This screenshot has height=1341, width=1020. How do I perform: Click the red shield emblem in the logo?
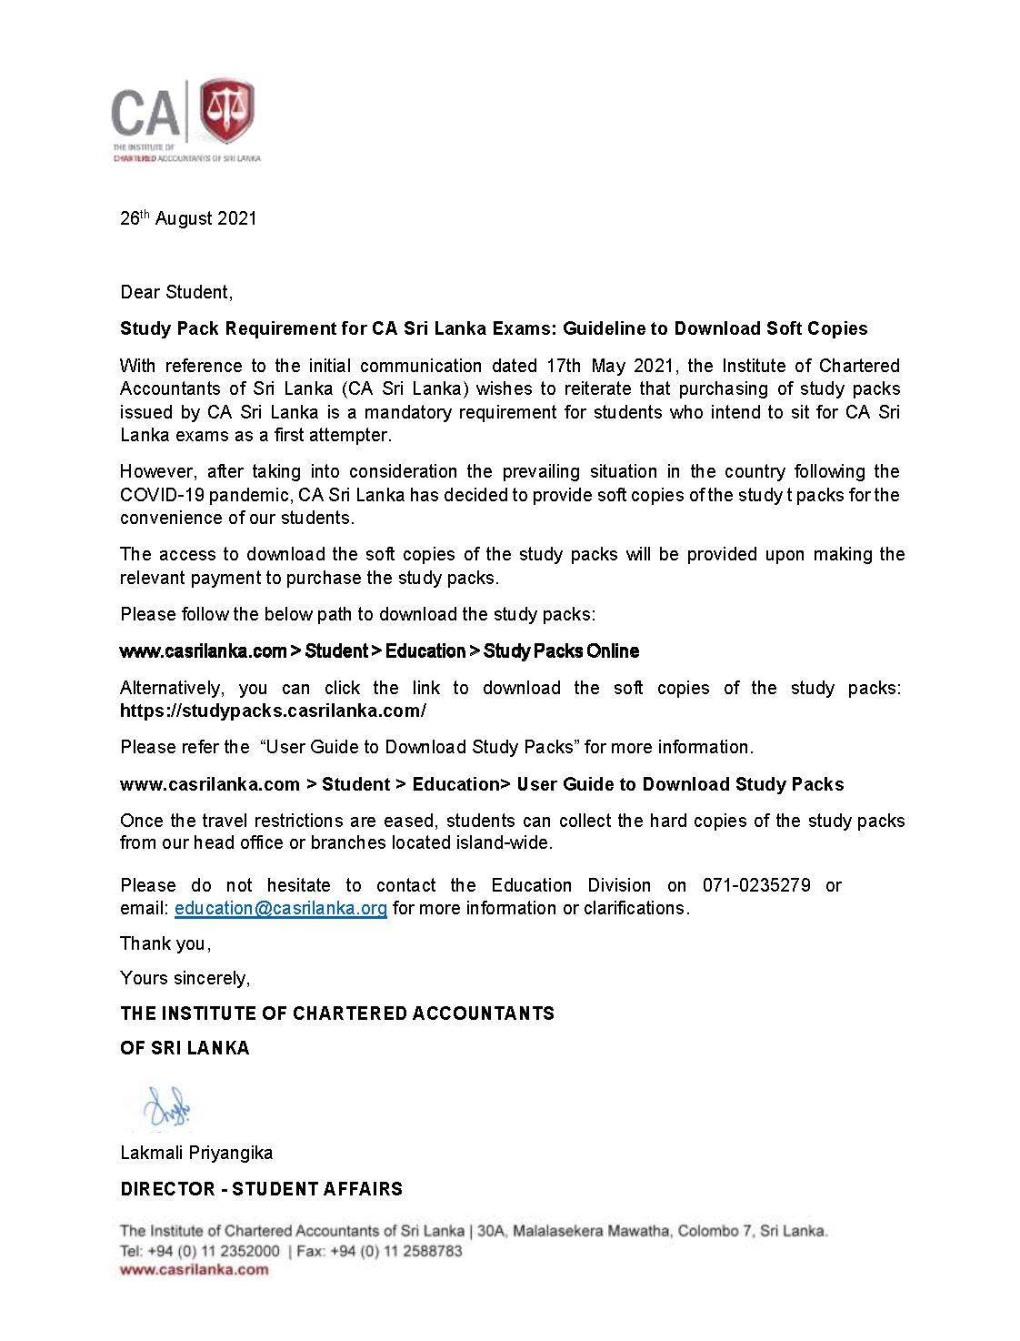[226, 110]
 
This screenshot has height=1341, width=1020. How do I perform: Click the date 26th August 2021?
[188, 218]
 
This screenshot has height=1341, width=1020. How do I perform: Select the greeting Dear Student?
[176, 292]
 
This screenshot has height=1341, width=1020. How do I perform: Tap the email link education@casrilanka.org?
[280, 908]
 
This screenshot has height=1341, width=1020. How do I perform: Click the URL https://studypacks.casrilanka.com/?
[273, 711]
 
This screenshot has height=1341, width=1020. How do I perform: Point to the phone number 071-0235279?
[756, 885]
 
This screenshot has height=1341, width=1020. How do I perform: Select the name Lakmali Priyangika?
[196, 1153]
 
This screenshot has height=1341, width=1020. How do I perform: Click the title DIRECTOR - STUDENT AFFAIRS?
[261, 1189]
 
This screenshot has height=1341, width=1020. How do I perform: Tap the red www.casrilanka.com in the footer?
[194, 1270]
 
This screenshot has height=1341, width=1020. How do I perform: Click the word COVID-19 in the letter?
[159, 495]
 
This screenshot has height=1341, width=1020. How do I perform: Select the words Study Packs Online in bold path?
[561, 651]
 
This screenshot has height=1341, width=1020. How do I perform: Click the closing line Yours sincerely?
[185, 978]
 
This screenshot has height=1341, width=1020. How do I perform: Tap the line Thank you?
[165, 943]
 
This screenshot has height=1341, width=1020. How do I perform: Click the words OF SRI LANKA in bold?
[185, 1048]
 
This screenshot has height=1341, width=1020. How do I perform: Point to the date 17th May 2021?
[610, 366]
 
